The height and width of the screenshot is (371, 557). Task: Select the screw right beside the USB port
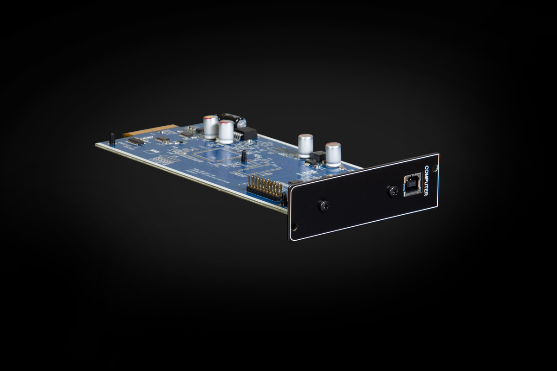pyautogui.click(x=393, y=190)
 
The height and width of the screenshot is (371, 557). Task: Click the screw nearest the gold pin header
pyautogui.click(x=324, y=206)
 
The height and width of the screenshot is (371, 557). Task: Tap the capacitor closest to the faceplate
pyautogui.click(x=333, y=154)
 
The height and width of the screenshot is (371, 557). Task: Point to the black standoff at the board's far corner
pyautogui.click(x=112, y=139)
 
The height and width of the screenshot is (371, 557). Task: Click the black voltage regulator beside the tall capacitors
pyautogui.click(x=246, y=134)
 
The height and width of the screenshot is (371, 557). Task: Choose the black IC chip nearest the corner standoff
pyautogui.click(x=136, y=141)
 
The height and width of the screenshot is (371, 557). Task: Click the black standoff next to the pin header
pyautogui.click(x=284, y=198)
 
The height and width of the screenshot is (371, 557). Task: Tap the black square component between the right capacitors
pyautogui.click(x=318, y=156)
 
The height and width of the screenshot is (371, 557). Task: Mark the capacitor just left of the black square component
pyautogui.click(x=305, y=146)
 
